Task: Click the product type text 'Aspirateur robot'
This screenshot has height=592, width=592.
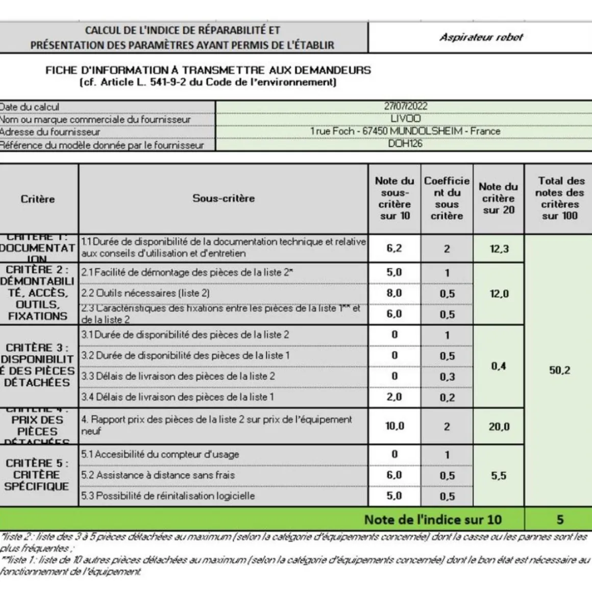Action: (x=481, y=37)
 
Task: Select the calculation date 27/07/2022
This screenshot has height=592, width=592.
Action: (x=406, y=106)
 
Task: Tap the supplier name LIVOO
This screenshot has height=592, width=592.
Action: (x=406, y=118)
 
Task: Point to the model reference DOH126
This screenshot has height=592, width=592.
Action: (x=405, y=144)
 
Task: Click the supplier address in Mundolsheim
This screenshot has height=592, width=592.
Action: (x=405, y=131)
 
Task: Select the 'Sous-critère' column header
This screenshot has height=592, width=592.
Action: (x=224, y=199)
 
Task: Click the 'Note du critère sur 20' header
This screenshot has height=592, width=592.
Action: (x=498, y=199)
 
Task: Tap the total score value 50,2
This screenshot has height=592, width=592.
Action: (x=559, y=370)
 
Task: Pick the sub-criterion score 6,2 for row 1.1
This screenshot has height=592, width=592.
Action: (x=394, y=249)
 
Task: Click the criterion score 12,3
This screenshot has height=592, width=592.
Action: (x=499, y=249)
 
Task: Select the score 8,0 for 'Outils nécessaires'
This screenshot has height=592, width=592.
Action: (x=394, y=293)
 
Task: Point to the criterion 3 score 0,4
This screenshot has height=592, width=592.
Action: (x=499, y=366)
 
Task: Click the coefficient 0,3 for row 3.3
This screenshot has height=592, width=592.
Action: (x=447, y=377)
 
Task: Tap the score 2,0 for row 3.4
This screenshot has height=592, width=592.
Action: (x=394, y=397)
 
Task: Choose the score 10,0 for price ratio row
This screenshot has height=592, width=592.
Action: (x=394, y=426)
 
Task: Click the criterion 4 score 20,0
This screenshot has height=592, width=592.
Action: (x=499, y=427)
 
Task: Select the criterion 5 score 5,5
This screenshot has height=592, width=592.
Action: (x=499, y=476)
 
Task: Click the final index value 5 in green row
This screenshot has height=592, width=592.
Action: (x=560, y=520)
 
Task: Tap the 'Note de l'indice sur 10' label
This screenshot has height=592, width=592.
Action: (x=433, y=520)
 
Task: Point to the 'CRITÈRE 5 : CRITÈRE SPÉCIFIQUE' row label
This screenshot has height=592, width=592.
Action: (x=37, y=475)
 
